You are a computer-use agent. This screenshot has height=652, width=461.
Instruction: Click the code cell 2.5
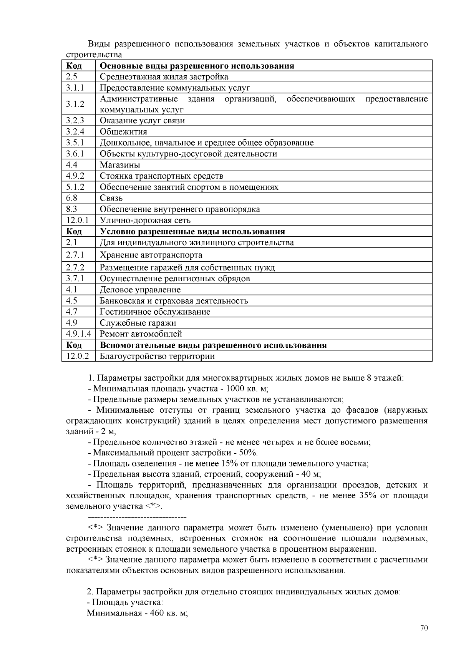[x=72, y=76]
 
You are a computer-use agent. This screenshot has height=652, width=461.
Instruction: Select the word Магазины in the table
[x=120, y=165]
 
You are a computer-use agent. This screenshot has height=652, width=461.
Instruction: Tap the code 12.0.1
[x=77, y=220]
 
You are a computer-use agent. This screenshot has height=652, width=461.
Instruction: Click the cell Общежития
[x=123, y=132]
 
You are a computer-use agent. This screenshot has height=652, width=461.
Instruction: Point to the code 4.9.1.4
[x=78, y=334]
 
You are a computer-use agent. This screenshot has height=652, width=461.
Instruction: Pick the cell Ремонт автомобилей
[x=141, y=334]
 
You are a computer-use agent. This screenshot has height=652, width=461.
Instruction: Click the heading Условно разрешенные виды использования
[x=192, y=231]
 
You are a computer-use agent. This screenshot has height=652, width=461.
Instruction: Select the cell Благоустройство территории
[x=157, y=356]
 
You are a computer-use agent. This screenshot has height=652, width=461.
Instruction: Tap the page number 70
[x=424, y=628]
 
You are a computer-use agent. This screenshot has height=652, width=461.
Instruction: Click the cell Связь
[x=111, y=198]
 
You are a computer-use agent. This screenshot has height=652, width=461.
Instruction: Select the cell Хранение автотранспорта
[x=151, y=255]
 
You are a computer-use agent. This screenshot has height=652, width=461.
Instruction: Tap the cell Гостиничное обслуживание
[x=155, y=312]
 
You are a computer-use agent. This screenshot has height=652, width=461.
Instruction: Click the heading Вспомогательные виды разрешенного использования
[x=213, y=345]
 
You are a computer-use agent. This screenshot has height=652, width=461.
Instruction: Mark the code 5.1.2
[x=75, y=187]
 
